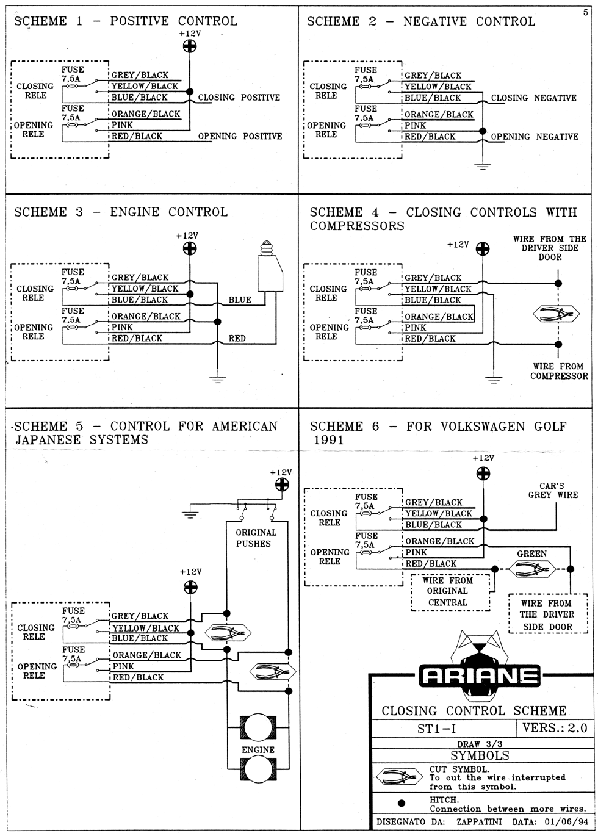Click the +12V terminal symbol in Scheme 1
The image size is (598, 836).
[190, 46]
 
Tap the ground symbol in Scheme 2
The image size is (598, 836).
[483, 166]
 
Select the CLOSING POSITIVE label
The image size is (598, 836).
[239, 98]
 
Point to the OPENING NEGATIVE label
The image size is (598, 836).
[535, 137]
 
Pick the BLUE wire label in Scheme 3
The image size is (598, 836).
[240, 300]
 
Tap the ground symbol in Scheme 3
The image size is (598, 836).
[218, 380]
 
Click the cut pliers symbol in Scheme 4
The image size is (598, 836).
[556, 314]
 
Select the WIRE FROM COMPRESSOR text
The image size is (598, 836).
[559, 371]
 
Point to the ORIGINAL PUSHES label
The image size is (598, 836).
[256, 538]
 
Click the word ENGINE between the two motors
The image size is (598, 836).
[258, 750]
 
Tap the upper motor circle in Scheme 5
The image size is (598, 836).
[258, 727]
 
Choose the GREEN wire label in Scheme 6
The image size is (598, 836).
[531, 554]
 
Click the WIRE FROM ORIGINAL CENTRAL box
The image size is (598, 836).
[450, 593]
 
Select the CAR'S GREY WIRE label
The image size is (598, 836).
[553, 491]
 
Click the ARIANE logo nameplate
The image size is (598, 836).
[480, 676]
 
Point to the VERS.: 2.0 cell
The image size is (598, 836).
[555, 728]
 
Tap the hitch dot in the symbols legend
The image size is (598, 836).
[402, 803]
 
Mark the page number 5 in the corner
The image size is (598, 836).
[585, 13]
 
